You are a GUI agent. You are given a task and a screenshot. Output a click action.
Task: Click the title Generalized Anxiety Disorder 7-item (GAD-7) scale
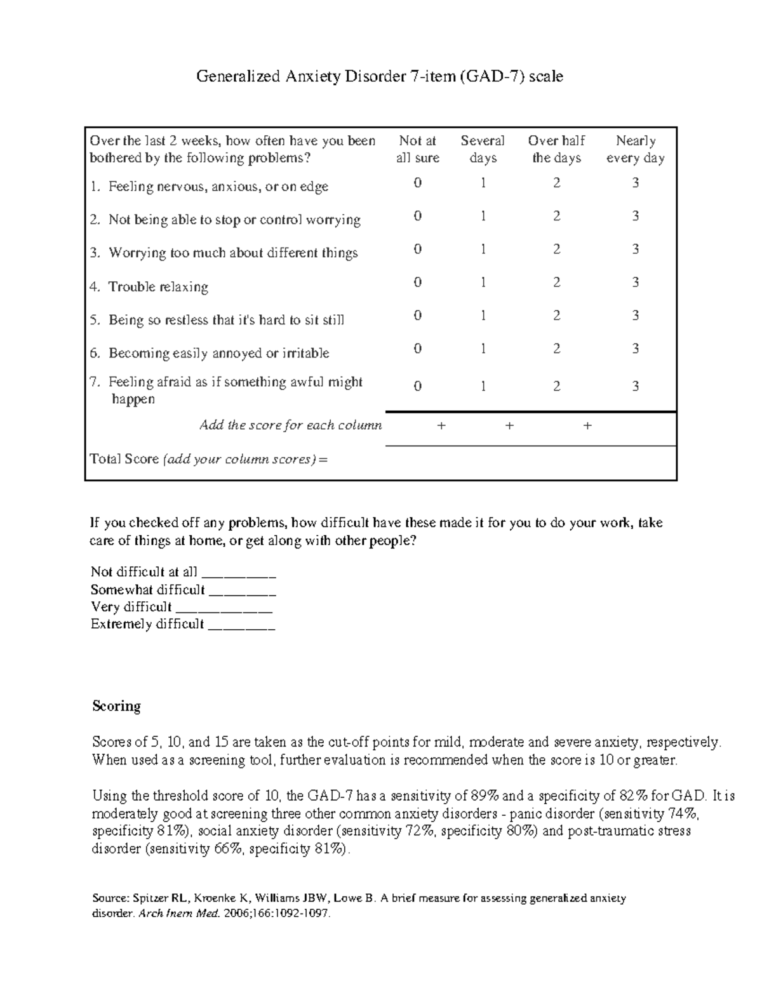click(379, 77)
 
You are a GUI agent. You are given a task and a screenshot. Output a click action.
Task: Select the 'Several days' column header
click(483, 149)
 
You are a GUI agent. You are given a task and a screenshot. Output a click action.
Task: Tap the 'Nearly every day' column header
click(635, 149)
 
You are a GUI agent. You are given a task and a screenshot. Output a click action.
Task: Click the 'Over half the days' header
click(556, 149)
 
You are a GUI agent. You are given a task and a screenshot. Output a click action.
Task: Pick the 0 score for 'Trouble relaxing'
click(417, 283)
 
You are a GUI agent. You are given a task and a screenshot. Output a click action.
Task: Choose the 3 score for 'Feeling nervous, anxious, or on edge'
click(635, 183)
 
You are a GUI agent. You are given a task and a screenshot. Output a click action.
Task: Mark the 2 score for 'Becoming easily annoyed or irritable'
click(556, 349)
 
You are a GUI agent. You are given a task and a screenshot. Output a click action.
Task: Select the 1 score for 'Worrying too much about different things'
click(483, 250)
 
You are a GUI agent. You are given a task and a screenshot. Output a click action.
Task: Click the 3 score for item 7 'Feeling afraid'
click(635, 386)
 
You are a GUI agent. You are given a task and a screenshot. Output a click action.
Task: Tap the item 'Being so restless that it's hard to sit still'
click(226, 320)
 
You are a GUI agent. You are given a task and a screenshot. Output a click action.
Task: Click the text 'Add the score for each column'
click(291, 425)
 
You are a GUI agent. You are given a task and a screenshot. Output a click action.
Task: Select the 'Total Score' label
click(124, 459)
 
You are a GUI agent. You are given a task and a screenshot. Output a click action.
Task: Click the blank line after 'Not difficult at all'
click(238, 575)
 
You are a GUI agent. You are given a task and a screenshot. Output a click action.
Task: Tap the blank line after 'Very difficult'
click(224, 610)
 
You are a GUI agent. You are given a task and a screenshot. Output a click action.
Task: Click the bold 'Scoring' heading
click(116, 706)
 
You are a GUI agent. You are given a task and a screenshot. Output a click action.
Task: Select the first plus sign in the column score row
click(441, 426)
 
